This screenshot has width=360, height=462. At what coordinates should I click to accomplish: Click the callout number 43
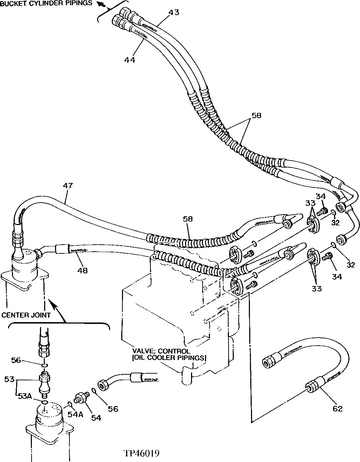[x=174, y=12]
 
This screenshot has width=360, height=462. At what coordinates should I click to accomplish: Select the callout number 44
[x=129, y=60]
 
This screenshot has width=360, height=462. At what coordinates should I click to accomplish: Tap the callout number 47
[x=68, y=186]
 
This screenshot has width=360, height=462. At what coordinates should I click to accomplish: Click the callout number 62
[x=337, y=408]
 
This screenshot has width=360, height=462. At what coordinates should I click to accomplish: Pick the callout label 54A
[x=75, y=414]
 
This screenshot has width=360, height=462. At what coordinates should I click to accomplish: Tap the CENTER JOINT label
[x=26, y=314]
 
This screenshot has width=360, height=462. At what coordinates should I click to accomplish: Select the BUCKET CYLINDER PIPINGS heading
[x=46, y=3]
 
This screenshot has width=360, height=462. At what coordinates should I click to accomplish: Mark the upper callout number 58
[x=256, y=115]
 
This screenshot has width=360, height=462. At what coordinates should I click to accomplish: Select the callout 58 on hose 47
[x=188, y=219]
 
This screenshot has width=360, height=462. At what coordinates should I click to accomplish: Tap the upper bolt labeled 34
[x=322, y=212]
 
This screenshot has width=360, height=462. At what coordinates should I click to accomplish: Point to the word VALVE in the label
[x=142, y=351]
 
